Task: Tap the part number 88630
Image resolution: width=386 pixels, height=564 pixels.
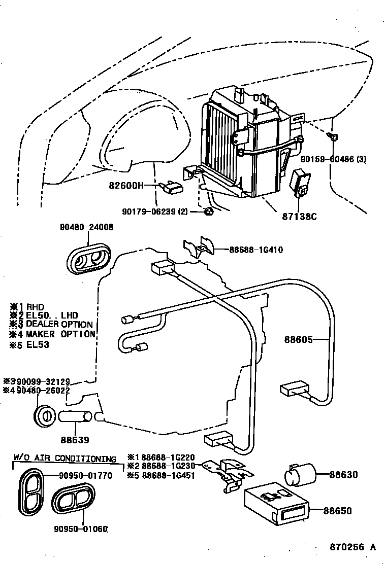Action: pyautogui.click(x=343, y=475)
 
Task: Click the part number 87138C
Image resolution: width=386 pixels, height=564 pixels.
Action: pyautogui.click(x=300, y=217)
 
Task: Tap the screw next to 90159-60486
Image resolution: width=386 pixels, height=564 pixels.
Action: pyautogui.click(x=334, y=137)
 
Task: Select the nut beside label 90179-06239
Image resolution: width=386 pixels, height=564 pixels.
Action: pyautogui.click(x=208, y=211)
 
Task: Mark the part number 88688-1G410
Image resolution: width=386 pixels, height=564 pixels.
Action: pyautogui.click(x=255, y=250)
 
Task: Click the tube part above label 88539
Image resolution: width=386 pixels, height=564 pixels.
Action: pyautogui.click(x=76, y=417)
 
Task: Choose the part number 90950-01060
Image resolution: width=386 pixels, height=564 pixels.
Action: pyautogui.click(x=81, y=530)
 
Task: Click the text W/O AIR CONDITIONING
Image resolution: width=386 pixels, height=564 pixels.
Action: pyautogui.click(x=65, y=459)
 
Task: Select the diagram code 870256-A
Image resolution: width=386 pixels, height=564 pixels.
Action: pyautogui.click(x=352, y=547)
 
